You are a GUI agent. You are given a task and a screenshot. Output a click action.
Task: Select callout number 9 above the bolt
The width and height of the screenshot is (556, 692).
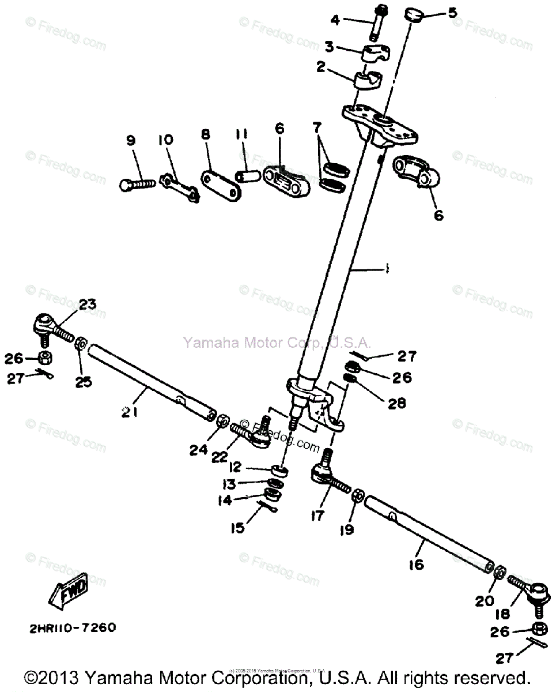click(131, 140)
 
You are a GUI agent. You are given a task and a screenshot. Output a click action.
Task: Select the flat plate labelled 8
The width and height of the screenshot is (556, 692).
click(221, 185)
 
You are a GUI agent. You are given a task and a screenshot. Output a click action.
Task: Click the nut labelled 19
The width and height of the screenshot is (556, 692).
click(357, 495)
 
